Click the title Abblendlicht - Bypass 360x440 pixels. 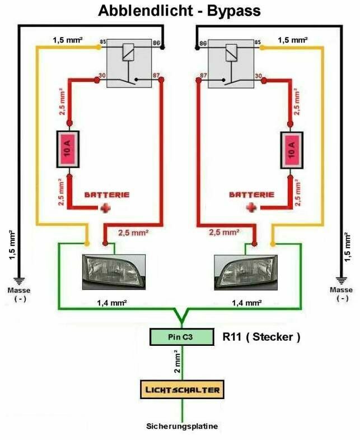pyautogui.click(x=179, y=11)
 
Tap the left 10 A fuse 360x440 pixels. pyautogui.click(x=68, y=149)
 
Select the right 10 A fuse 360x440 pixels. pyautogui.click(x=292, y=150)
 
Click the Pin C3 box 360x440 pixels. pyautogui.click(x=181, y=337)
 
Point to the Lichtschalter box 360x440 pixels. pyautogui.click(x=183, y=390)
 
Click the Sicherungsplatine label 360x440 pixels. pyautogui.click(x=182, y=426)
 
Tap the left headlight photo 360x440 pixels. pyautogui.click(x=114, y=272)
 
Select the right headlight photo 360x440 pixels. pyautogui.click(x=246, y=272)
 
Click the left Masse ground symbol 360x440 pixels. pyautogui.click(x=20, y=281)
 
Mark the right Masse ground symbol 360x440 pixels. pyautogui.click(x=342, y=281)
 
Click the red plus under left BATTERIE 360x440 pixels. pyautogui.click(x=105, y=208)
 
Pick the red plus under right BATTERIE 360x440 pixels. pyautogui.click(x=251, y=208)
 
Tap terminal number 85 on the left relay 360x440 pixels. pyautogui.click(x=103, y=42)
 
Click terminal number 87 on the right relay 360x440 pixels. pyautogui.click(x=203, y=76)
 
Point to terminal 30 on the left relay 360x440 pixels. pyautogui.click(x=102, y=75)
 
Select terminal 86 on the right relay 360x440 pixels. pyautogui.click(x=203, y=44)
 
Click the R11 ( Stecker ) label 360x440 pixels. pyautogui.click(x=261, y=337)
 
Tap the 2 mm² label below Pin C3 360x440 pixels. pyautogui.click(x=177, y=361)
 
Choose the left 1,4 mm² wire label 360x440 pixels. pyautogui.click(x=112, y=303)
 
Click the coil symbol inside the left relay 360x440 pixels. pyautogui.click(x=128, y=52)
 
